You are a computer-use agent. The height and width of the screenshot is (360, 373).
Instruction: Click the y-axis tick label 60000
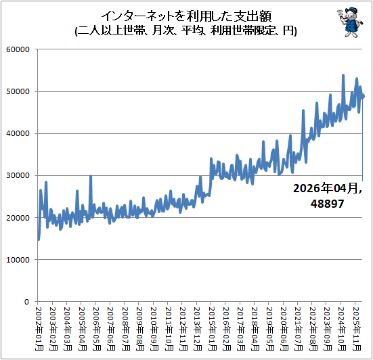18,49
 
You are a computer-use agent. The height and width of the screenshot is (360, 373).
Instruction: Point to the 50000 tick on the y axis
18,91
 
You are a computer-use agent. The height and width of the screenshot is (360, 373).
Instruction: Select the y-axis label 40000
18,133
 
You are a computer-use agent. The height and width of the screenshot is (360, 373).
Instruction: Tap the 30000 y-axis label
18,175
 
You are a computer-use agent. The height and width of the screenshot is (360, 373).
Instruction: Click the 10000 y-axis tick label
18,260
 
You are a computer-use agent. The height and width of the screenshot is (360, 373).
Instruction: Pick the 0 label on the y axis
26,302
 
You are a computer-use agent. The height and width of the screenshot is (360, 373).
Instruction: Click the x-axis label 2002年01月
39,329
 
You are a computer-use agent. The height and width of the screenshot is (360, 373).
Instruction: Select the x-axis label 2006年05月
97,329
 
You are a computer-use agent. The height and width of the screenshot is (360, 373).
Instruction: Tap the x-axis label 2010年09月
154,329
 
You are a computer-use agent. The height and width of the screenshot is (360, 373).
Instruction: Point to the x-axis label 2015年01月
212,329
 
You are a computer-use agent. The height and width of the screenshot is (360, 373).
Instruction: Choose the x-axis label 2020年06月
284,329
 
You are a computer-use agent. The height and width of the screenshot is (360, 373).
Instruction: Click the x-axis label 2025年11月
356,329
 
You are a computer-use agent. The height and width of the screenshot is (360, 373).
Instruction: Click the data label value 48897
328,204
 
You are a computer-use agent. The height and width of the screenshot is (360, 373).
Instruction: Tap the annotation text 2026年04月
326,188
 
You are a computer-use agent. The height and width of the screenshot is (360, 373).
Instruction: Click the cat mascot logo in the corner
350,22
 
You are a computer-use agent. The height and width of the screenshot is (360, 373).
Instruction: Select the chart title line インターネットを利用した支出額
187,16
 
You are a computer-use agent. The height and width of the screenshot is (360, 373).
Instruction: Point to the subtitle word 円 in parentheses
288,30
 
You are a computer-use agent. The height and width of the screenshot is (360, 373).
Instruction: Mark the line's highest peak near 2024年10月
343,75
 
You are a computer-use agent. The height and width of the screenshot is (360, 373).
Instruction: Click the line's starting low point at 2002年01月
39,240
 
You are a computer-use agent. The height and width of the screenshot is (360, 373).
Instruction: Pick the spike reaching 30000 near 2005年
91,176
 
